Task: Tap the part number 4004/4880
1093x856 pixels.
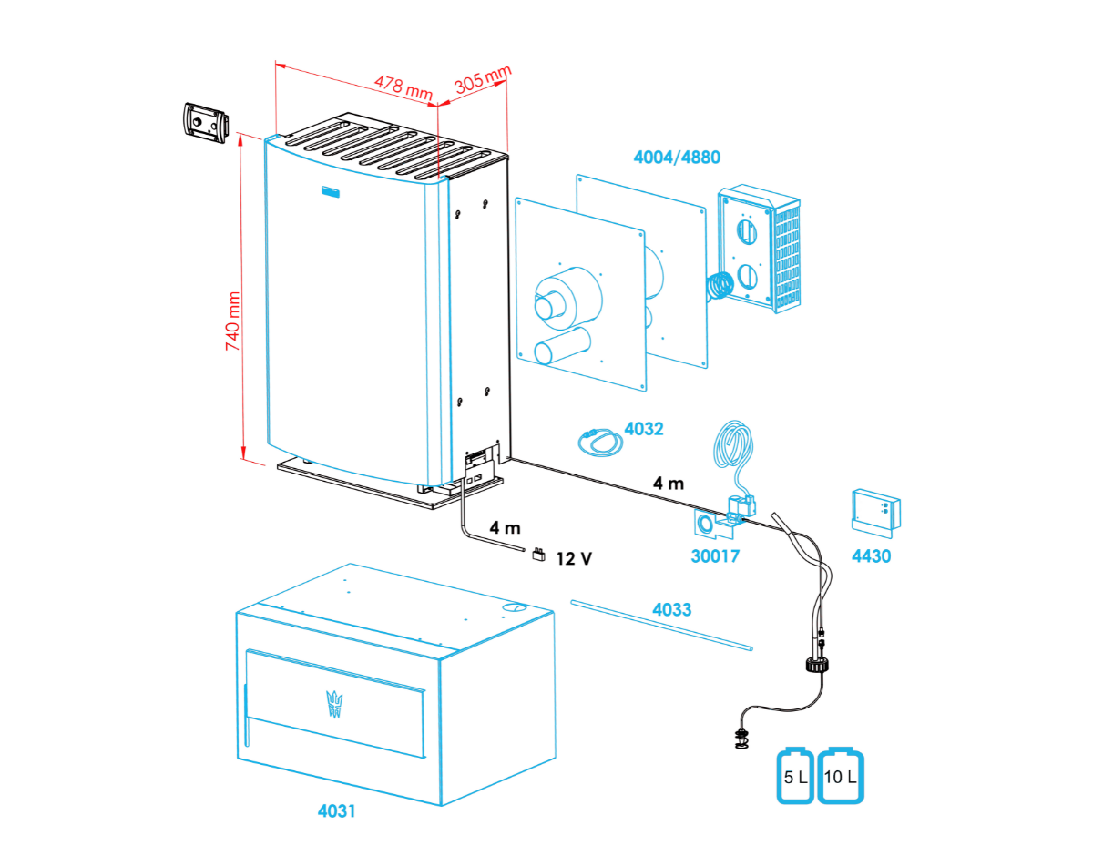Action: pos(676,157)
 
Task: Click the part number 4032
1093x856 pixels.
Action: pos(644,429)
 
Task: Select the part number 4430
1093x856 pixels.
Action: pos(871,555)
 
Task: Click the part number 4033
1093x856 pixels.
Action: pos(671,609)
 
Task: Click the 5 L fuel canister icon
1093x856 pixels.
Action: pos(795,777)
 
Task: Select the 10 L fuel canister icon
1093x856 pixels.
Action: pos(840,777)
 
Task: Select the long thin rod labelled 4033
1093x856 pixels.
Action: pos(662,625)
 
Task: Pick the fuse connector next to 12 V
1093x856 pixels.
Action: pos(538,553)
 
